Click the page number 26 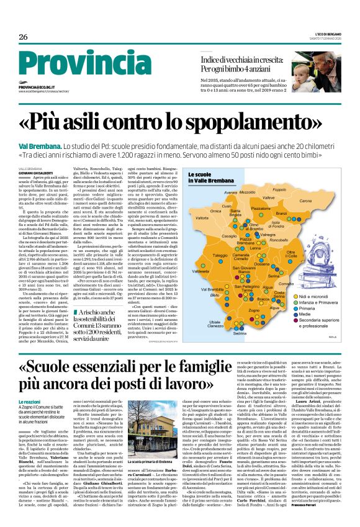tap(23, 37)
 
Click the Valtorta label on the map tap(202, 218)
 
